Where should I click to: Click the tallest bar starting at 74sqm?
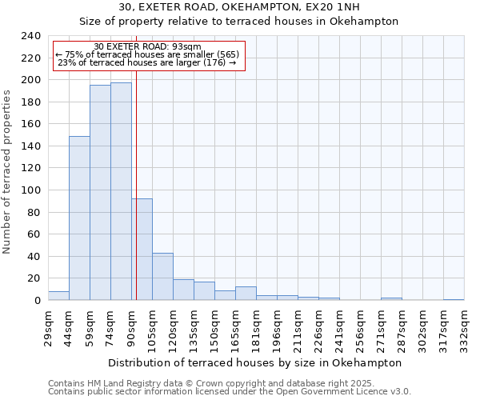pyautogui.click(x=121, y=191)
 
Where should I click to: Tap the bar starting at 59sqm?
pyautogui.click(x=100, y=192)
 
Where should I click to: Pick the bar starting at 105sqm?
pyautogui.click(x=162, y=277)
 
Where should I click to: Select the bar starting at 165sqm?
pyautogui.click(x=246, y=294)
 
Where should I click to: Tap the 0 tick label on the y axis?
pyautogui.click(x=37, y=301)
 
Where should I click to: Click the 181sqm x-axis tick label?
pyautogui.click(x=256, y=326)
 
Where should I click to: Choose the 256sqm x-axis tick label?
pyautogui.click(x=360, y=326)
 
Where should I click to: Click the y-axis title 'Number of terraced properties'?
pyautogui.click(x=7, y=171)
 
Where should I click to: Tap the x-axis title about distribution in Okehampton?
pyautogui.click(x=254, y=362)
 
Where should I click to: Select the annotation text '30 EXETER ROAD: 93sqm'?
pyautogui.click(x=148, y=46)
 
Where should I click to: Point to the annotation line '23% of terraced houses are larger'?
pyautogui.click(x=147, y=62)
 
